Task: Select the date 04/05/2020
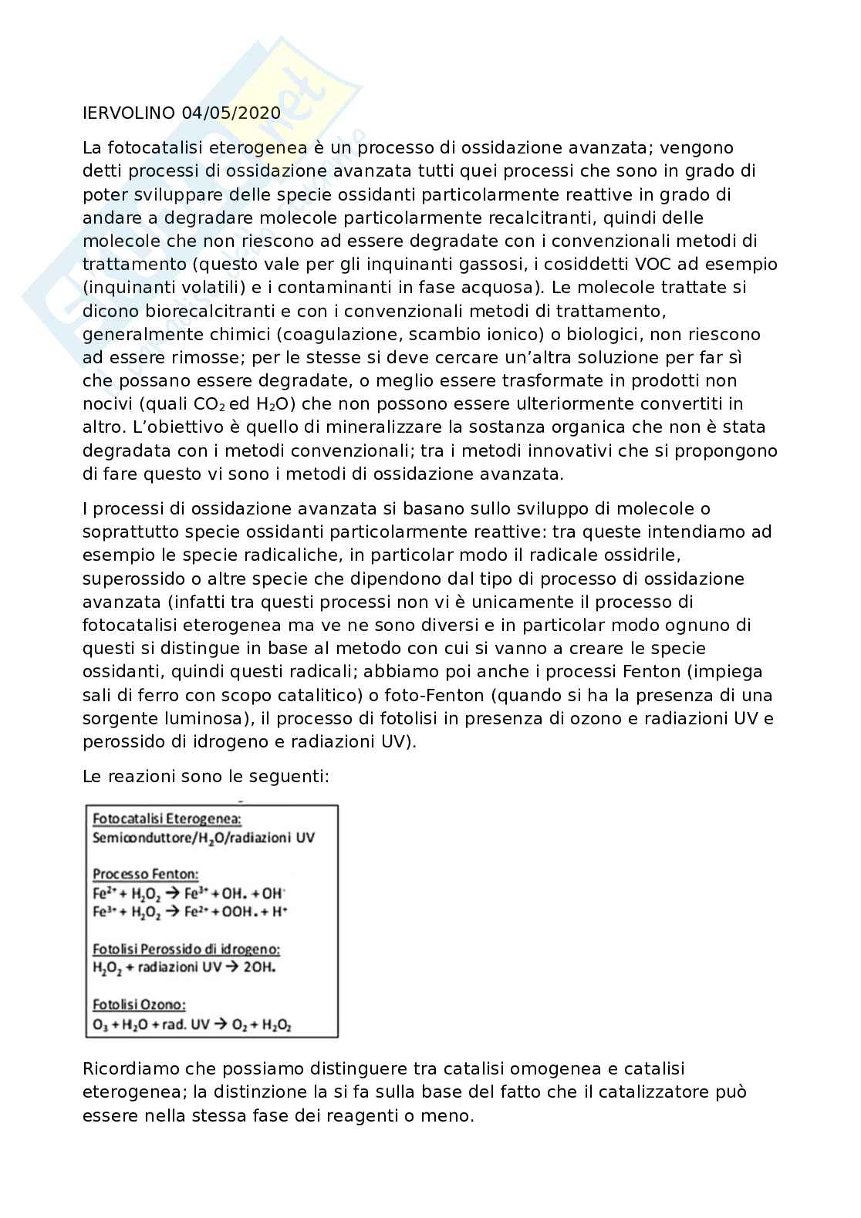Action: coord(231,113)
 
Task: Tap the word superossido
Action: coord(132,579)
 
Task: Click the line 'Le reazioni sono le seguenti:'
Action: coord(206,776)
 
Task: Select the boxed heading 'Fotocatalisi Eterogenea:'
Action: coord(167,819)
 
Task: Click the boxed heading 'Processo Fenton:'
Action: coord(146,875)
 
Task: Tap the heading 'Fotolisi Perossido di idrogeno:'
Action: coord(186,949)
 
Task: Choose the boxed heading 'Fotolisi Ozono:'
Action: coord(140,1004)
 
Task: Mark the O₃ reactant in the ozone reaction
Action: coord(99,1024)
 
